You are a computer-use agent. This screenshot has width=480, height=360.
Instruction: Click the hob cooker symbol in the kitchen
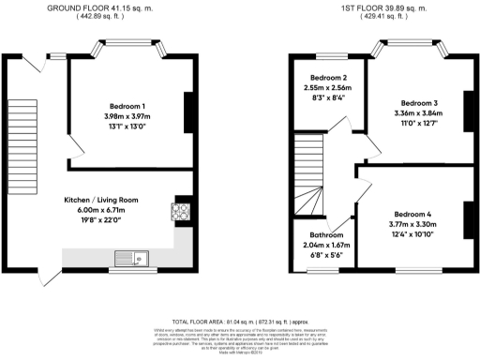coord(180,211)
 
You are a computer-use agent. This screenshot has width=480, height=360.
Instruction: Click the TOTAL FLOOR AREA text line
coord(241,320)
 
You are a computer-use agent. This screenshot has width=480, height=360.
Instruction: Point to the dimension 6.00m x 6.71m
coord(101,211)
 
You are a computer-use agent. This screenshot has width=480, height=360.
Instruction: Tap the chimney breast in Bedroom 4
coord(466,220)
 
